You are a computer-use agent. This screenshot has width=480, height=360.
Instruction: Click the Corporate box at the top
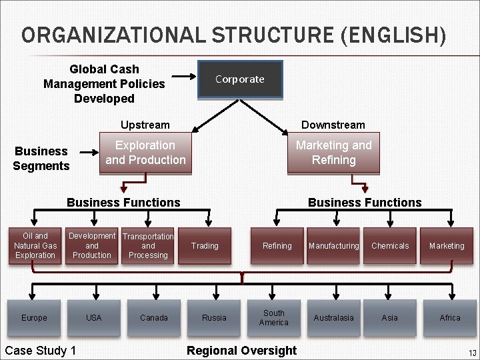pos(240,79)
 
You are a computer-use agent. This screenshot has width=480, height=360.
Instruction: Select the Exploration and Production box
pos(145,153)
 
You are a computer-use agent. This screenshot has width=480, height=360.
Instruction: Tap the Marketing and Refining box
pos(333,153)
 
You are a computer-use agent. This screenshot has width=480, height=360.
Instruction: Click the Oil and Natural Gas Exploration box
pos(35,245)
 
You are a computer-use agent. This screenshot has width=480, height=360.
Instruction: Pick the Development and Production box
pos(92,245)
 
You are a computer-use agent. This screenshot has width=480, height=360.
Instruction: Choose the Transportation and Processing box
pos(148,245)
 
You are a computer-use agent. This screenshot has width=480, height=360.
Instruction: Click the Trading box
pos(205,245)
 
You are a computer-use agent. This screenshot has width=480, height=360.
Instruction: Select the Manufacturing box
pos(333,245)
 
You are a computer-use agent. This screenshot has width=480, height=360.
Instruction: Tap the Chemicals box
pos(390,245)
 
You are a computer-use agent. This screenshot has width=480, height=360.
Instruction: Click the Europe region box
pos(34,317)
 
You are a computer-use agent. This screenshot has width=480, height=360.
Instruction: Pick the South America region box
pos(273,317)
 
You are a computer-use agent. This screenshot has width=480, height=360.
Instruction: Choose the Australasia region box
pos(333,317)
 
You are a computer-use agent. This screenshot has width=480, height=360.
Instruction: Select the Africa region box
pos(450,317)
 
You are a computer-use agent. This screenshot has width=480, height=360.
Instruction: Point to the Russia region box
pos(214,317)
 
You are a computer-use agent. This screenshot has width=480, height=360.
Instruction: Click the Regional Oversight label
pos(241,351)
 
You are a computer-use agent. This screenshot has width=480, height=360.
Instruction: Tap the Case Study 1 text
pos(40,351)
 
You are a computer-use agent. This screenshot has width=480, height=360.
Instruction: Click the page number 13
pos(472,353)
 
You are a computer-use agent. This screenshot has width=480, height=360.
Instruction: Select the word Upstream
pos(145,125)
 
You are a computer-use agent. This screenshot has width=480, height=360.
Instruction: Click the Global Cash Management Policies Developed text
pos(104,84)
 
